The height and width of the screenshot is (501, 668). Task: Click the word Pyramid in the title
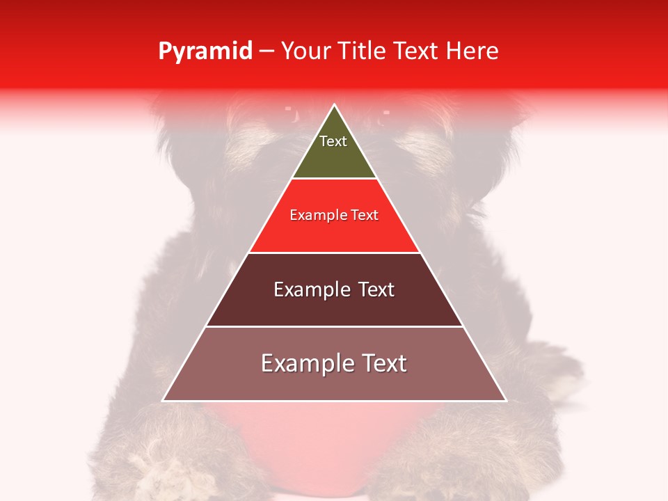(x=205, y=51)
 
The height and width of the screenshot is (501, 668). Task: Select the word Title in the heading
(x=364, y=51)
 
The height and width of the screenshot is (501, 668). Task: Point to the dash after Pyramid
(x=267, y=51)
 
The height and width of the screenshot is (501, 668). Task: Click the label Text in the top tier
(x=333, y=141)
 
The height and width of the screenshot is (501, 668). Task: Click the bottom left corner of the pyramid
(x=164, y=400)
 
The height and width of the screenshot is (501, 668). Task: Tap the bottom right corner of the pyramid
(x=506, y=400)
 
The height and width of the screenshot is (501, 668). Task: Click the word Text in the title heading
(x=417, y=51)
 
